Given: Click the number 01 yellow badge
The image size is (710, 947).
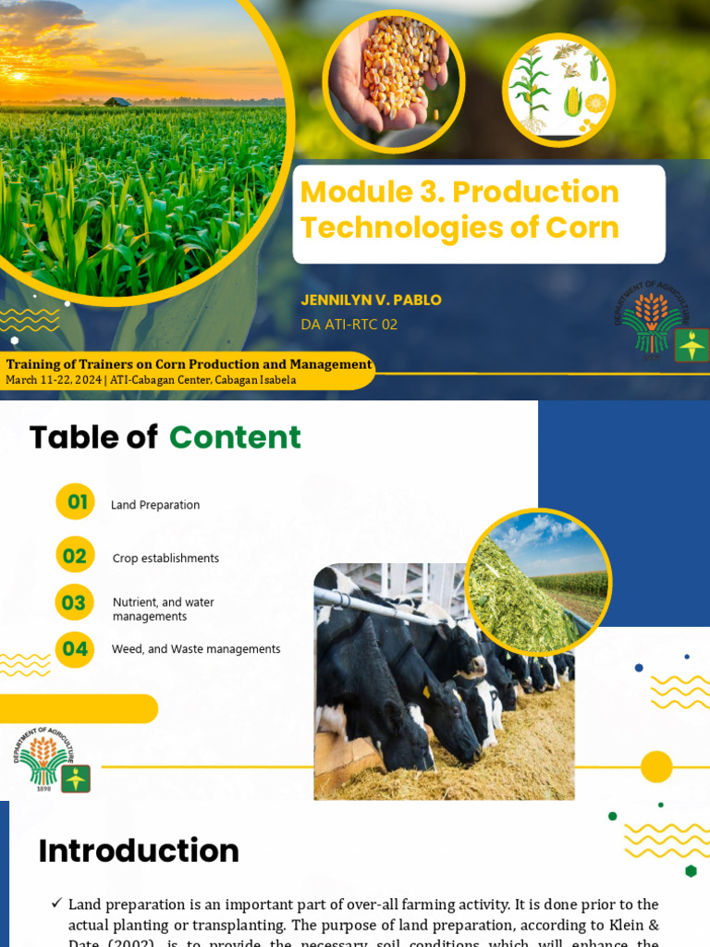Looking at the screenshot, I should coord(76,502).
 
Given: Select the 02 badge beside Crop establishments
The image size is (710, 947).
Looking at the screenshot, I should coord(75,555).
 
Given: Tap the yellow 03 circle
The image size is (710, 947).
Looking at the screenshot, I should coord(74,603).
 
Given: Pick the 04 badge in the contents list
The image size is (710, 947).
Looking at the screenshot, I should coord(75,649).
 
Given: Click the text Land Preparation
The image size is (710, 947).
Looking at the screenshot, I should coord(155,505).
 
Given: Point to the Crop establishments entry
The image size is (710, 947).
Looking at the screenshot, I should coord(165,559).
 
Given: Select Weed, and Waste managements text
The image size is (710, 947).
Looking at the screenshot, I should coord(196,649).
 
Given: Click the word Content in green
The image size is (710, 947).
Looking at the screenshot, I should coord(235,437).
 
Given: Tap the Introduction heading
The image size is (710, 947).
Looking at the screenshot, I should coord(139,851).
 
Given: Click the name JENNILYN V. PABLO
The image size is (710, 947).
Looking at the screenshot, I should coord(371,300).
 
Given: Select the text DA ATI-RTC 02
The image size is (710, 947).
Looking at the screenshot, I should coord(349,325).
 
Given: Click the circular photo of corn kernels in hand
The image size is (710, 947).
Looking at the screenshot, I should coord(394,81).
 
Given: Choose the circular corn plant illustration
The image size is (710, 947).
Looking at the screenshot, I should coord(558,90).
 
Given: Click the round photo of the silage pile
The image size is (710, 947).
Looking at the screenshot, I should coord(538,581).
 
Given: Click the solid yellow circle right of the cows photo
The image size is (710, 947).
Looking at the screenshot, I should coord(656,767).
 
